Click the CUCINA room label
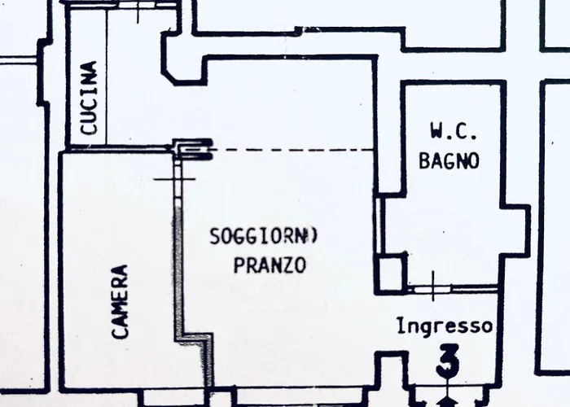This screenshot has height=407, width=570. click(90, 98)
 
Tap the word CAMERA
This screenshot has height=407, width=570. click(121, 302)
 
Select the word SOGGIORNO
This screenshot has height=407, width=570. click(264, 236)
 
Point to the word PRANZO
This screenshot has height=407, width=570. click(270, 265)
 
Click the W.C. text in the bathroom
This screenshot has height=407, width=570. click(453, 131)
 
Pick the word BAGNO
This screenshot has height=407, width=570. click(449, 160)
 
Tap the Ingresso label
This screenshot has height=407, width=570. click(445, 326)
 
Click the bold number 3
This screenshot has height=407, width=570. click(448, 361)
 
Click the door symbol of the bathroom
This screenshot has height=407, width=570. click(432, 289)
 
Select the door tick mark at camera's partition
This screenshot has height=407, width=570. click(175, 179)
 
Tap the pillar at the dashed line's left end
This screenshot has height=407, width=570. click(192, 149)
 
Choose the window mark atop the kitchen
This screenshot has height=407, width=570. click(138, 7)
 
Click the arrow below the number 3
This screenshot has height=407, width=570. click(446, 400)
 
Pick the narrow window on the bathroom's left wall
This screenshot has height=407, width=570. click(378, 225)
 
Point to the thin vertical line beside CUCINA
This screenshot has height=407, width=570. click(107, 77)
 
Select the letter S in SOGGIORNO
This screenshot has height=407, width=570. click(214, 236)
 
